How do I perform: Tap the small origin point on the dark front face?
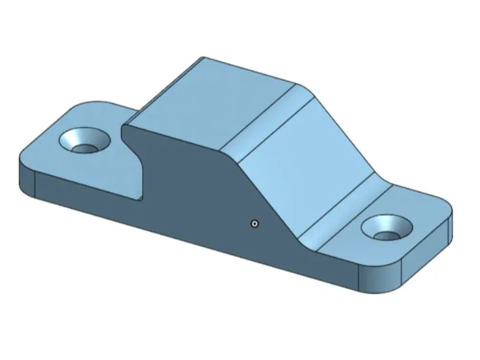[255, 223]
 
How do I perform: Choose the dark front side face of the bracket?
[196, 196]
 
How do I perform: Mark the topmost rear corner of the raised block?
[202, 57]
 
